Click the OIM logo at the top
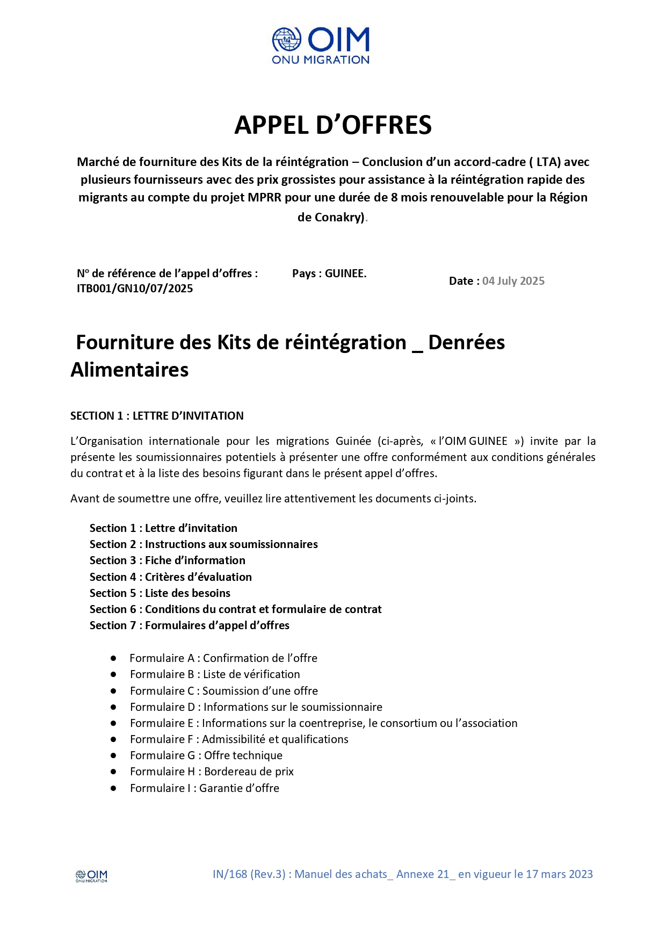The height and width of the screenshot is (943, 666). click(321, 46)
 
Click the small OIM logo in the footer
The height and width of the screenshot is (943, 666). click(91, 876)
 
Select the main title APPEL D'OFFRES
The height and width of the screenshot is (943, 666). click(333, 125)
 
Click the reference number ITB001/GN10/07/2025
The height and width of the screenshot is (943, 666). click(135, 289)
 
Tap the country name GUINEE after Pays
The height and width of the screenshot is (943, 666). click(345, 273)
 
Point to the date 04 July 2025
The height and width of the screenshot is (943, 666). click(513, 281)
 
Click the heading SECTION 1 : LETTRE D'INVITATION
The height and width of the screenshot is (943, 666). click(157, 416)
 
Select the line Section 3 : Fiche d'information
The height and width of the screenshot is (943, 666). click(167, 560)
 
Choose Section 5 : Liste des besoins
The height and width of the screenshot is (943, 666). click(160, 593)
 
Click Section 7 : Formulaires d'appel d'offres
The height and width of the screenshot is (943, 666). click(189, 625)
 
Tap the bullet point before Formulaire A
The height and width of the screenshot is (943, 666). click(113, 658)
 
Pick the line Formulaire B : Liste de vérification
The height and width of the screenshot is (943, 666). click(215, 674)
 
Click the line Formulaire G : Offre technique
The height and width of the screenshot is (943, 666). click(206, 755)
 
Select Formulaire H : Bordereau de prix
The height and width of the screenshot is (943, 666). click(212, 772)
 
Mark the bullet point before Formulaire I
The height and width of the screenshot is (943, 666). click(113, 788)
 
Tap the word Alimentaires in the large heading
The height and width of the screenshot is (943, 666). click(129, 370)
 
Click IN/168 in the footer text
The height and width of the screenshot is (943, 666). click(230, 874)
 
